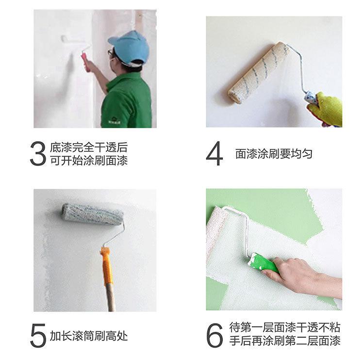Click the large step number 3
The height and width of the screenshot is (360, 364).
pyautogui.click(x=38, y=153)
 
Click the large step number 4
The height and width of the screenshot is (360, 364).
pyautogui.click(x=214, y=153)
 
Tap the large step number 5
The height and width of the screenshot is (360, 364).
pyautogui.click(x=38, y=335)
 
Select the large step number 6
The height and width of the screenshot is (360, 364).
pyautogui.click(x=215, y=335)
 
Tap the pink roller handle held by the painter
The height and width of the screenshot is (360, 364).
pyautogui.click(x=85, y=62)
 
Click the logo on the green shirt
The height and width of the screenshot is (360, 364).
pyautogui.click(x=114, y=120)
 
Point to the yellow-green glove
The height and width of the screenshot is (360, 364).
pyautogui.click(x=326, y=110)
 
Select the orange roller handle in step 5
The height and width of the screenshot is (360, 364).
pyautogui.click(x=107, y=266)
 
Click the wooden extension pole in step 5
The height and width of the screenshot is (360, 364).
pyautogui.click(x=111, y=297)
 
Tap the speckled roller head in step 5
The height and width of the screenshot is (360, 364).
pyautogui.click(x=92, y=214)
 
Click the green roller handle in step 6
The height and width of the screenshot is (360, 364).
pyautogui.click(x=264, y=263)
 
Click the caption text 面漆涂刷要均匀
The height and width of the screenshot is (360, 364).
pyautogui.click(x=274, y=153)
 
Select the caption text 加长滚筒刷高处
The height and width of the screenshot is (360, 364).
pyautogui.click(x=89, y=336)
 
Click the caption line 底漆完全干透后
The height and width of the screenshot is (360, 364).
pyautogui.click(x=89, y=147)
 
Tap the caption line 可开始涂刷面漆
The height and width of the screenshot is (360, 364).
pyautogui.click(x=89, y=161)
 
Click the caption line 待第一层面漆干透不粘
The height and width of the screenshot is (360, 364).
pyautogui.click(x=285, y=327)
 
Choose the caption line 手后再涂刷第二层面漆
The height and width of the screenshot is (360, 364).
pyautogui.click(x=285, y=341)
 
